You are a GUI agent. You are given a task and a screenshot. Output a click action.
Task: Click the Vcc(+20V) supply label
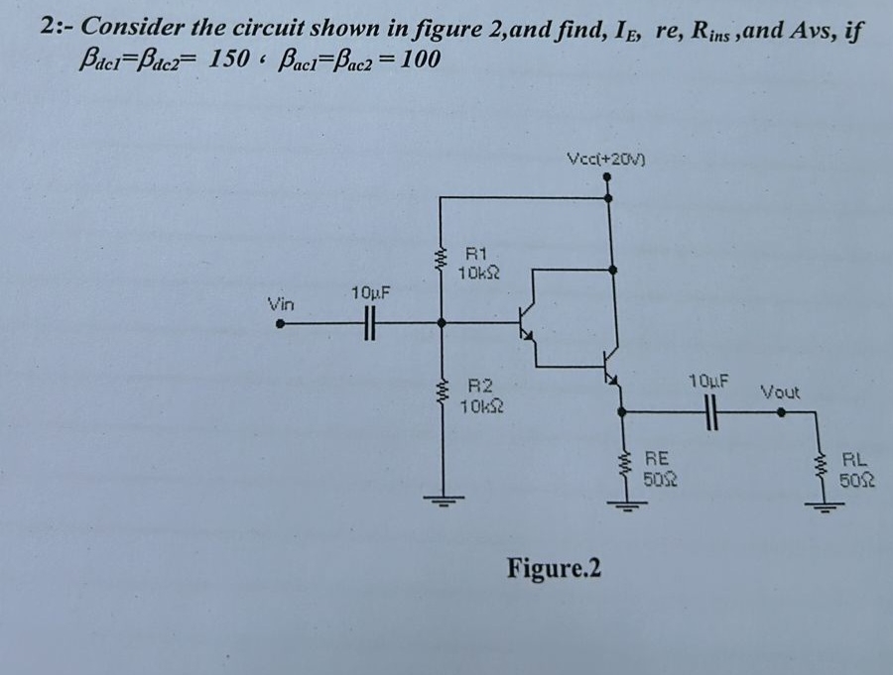coord(606,159)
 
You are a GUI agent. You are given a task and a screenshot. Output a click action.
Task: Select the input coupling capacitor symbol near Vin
coord(369,322)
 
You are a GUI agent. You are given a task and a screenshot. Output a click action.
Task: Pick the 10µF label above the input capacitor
coord(370,293)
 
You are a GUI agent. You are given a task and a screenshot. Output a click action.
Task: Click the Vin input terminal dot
coord(281,322)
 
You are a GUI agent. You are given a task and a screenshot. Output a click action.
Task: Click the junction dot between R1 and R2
coord(443,322)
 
